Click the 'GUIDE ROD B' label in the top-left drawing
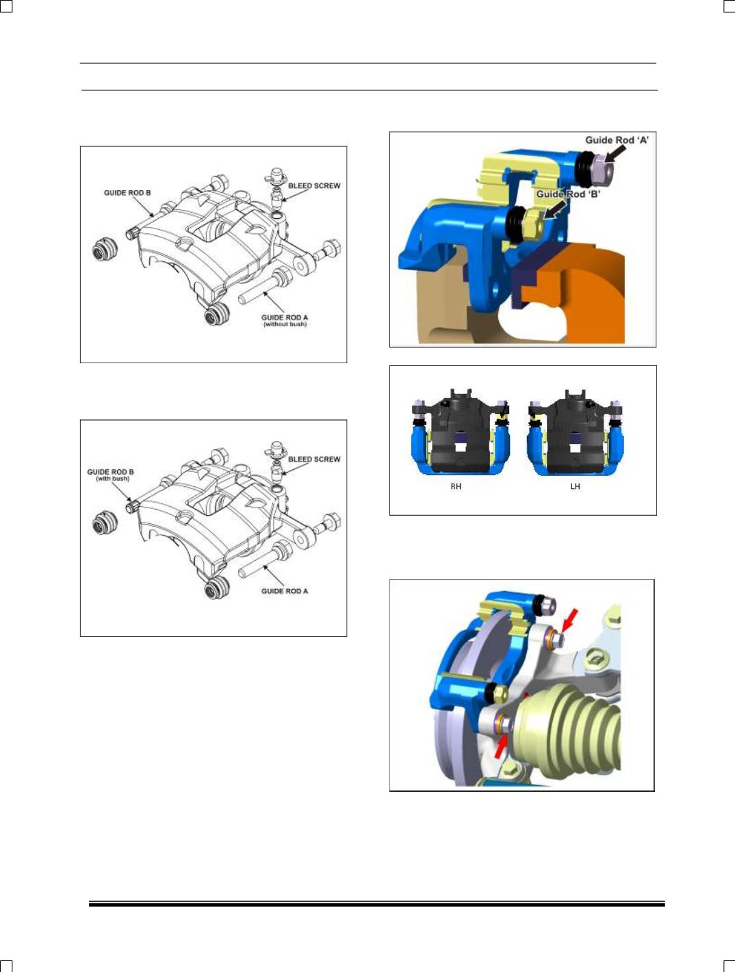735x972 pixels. click(127, 193)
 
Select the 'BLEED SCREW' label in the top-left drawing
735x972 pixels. click(314, 185)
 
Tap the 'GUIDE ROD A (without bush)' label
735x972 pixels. click(285, 321)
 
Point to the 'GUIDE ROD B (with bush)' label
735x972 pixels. click(110, 475)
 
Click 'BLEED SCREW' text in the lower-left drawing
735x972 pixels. click(314, 459)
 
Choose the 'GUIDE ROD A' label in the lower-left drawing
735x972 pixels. click(285, 591)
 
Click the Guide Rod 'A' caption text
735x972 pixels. click(617, 140)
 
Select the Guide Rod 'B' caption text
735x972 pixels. click(569, 194)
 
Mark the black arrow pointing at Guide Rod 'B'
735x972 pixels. click(556, 209)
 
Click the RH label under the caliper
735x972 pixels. click(456, 486)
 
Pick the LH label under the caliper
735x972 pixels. click(575, 486)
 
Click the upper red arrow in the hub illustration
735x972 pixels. click(570, 620)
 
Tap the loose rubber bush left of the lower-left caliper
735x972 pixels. click(104, 523)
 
